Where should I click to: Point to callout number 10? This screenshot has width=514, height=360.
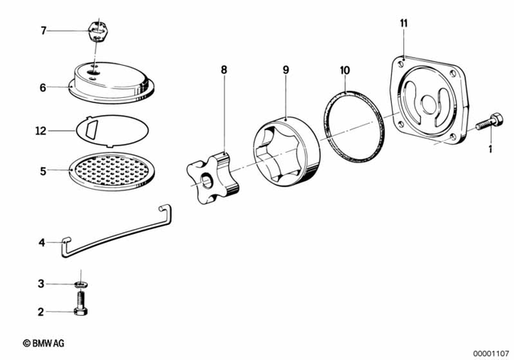pyautogui.click(x=345, y=71)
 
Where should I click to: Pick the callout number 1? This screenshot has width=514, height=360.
pyautogui.click(x=490, y=149)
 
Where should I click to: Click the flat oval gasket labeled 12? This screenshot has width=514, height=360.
pyautogui.click(x=112, y=129)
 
